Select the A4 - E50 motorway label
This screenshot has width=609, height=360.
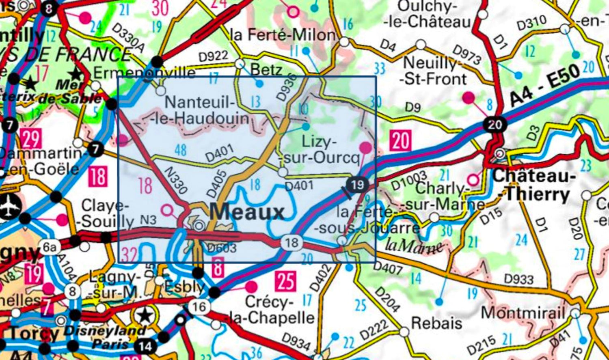(x=544, y=86)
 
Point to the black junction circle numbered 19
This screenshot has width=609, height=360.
(x=357, y=185)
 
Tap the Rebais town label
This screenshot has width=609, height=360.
(x=436, y=323)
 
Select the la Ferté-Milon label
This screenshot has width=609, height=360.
(x=283, y=35)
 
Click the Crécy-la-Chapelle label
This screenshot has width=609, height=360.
(x=275, y=310)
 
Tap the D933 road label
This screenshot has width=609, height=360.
(x=518, y=279)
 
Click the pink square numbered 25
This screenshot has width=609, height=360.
(x=285, y=281)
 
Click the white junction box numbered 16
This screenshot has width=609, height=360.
(x=199, y=306)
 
